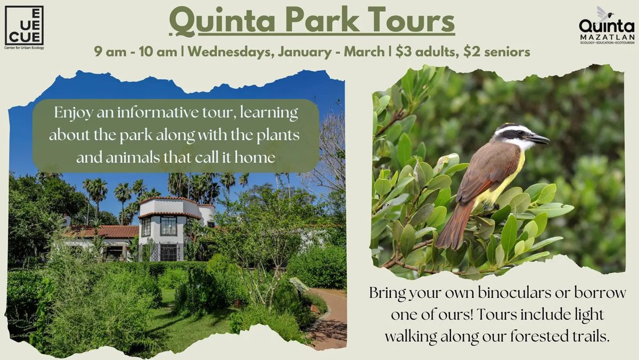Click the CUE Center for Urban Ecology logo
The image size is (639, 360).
point(24,27)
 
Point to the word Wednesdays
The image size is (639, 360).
point(231,52)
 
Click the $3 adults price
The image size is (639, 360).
point(427,52)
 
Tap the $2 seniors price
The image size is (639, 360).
point(497,52)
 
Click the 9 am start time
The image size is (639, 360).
point(110,52)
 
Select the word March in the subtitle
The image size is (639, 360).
point(364,52)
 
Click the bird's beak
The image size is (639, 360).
point(538,139)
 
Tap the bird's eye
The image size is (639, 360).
point(519,133)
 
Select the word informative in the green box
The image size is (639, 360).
point(158,112)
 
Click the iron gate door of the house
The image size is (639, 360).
point(169,252)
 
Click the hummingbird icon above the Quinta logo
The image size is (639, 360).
point(604,14)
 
